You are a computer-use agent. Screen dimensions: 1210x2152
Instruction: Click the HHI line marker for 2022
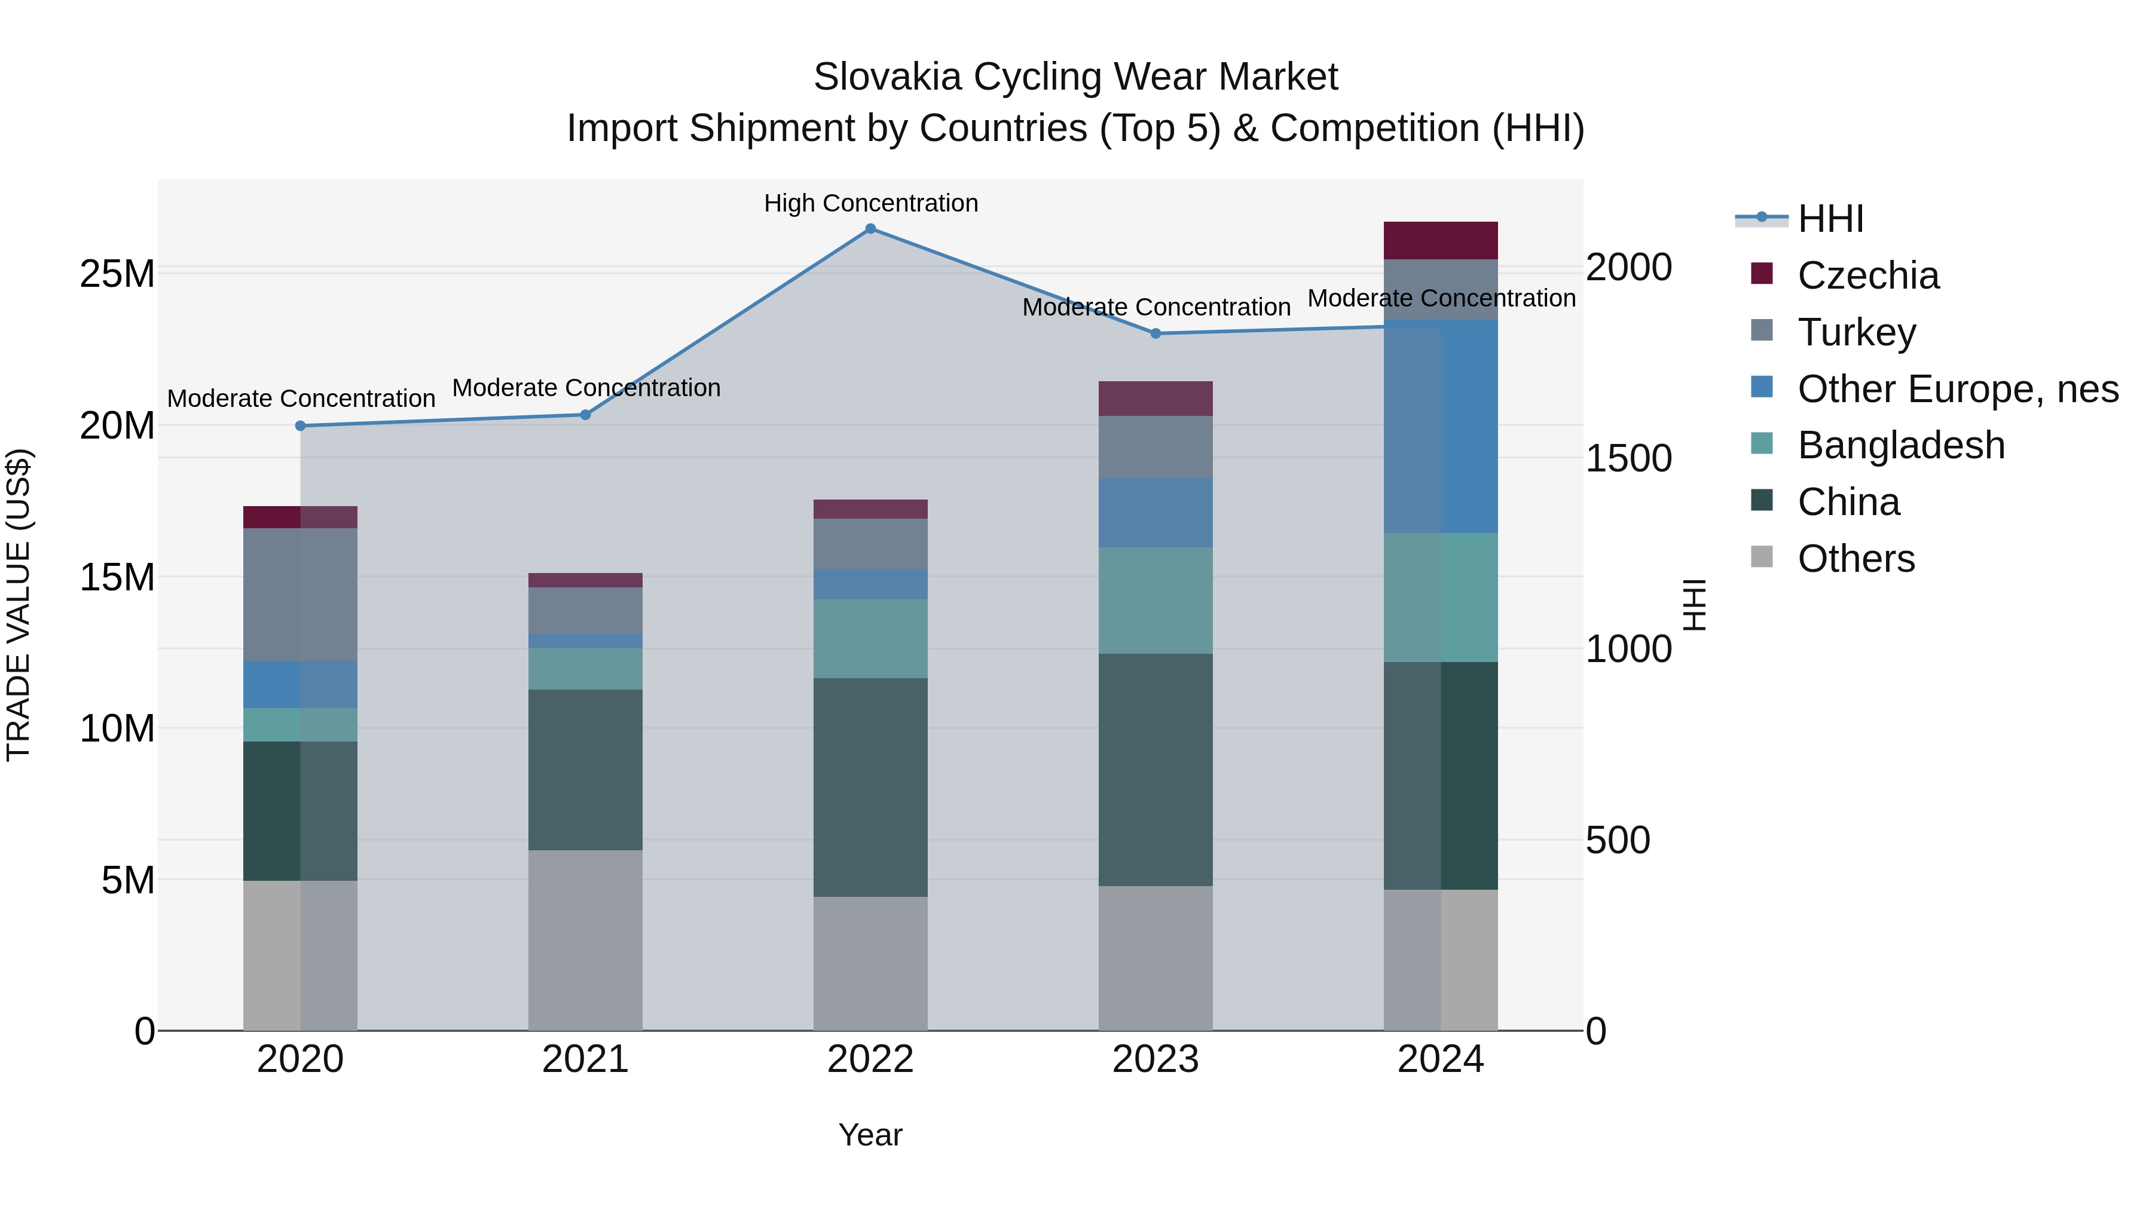coord(870,229)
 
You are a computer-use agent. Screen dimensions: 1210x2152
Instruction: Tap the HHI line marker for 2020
coord(301,426)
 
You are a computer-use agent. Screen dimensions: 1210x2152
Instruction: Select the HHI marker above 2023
coord(1156,333)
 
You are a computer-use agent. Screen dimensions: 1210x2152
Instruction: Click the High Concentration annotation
coord(870,203)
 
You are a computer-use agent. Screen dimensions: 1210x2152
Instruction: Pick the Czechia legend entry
coord(1868,275)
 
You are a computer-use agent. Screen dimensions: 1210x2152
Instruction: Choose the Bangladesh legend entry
coord(1900,445)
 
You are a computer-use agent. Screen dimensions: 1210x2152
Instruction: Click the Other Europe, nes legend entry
coord(1957,389)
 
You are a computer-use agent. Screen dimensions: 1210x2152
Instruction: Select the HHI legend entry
coord(1830,219)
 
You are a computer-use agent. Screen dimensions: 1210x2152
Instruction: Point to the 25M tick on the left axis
coord(117,274)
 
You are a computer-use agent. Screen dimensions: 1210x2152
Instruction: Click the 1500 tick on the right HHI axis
coord(1628,458)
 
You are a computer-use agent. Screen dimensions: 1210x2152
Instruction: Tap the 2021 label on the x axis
coord(585,1059)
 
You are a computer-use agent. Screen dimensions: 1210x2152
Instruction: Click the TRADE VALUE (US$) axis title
coord(19,605)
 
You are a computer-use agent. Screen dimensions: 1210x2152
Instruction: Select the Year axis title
coord(870,1135)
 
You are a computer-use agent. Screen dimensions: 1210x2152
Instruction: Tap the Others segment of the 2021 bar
coord(585,939)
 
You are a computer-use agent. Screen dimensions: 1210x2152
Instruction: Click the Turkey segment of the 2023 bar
coord(1156,447)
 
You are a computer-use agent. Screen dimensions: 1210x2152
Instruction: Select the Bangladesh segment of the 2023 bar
coord(1156,601)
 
